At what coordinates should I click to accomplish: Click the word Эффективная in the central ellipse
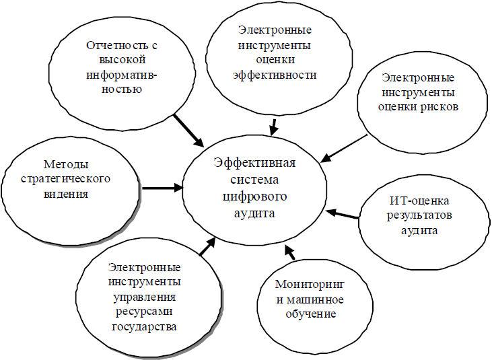(254, 163)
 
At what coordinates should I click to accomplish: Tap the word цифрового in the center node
(255, 196)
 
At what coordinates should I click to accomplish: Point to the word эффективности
(275, 75)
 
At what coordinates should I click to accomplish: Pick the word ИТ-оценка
(419, 201)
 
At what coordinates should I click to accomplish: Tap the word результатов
(419, 215)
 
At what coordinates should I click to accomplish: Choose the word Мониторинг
(310, 285)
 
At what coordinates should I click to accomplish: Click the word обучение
(311, 314)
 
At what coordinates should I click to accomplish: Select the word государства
(144, 327)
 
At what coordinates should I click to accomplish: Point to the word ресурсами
(144, 312)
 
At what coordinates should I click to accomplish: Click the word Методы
(66, 164)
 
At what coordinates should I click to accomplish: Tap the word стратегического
(65, 179)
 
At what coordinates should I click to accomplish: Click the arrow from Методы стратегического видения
(162, 188)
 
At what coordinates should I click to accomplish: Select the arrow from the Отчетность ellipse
(188, 130)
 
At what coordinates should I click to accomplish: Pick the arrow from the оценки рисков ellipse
(344, 148)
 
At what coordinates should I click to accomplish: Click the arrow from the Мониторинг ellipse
(290, 252)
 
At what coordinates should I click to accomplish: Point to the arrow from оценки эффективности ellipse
(274, 127)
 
